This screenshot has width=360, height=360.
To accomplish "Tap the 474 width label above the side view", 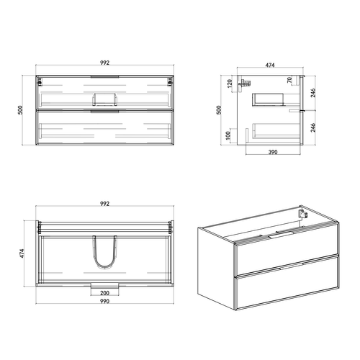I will (270, 66).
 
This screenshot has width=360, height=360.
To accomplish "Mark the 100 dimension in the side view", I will (230, 135).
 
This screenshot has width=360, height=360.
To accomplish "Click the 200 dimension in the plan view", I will (104, 294).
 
